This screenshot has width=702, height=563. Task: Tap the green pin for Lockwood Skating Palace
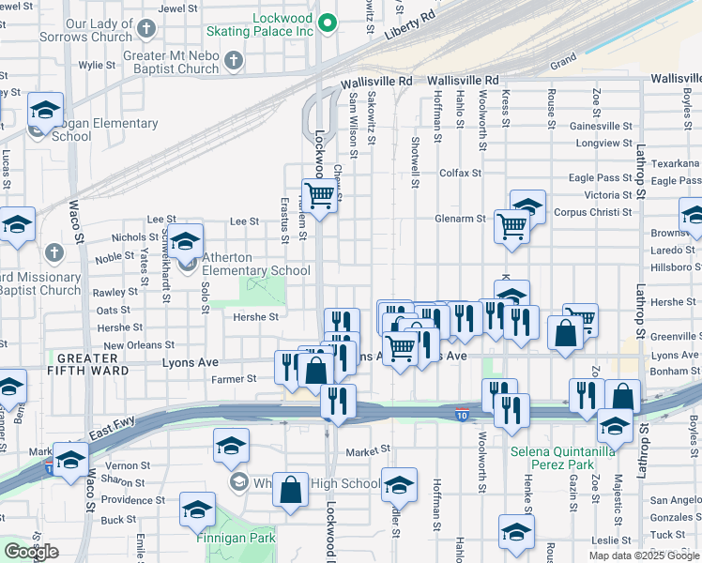[x=328, y=23]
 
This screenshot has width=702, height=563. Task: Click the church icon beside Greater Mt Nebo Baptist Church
[x=233, y=61]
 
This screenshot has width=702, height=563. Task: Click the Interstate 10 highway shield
[x=461, y=414]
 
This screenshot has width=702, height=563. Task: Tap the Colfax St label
[x=460, y=173]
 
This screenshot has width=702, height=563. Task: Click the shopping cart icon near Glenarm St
[x=511, y=225]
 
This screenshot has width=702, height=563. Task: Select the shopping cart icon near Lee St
[x=320, y=194]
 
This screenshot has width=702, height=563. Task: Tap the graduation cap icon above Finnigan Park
[x=197, y=509]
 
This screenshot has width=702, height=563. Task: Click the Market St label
[x=366, y=451]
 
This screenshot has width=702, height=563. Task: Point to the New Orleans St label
[x=139, y=345]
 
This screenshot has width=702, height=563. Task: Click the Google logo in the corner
[x=31, y=552]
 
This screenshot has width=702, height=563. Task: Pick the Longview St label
[x=599, y=144]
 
